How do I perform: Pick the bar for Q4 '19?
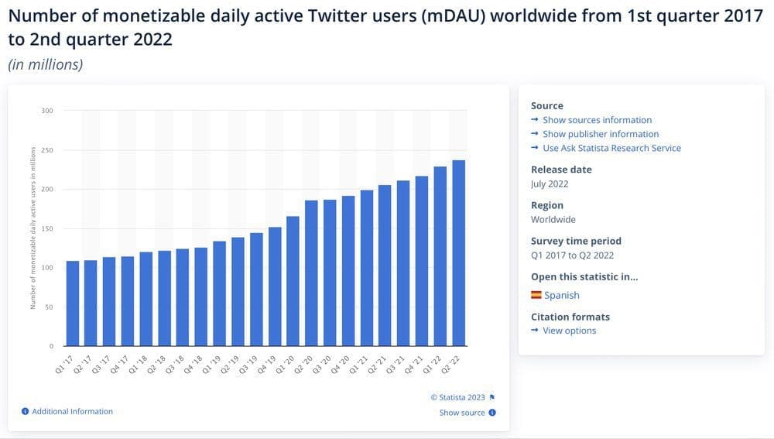[275, 286]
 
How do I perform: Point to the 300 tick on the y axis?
[47, 111]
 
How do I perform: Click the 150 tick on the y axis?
[47, 228]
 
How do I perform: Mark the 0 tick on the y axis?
[52, 346]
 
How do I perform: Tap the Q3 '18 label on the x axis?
[179, 365]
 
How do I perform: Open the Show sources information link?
[597, 120]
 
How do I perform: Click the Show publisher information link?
[601, 134]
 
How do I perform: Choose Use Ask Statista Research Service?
[611, 148]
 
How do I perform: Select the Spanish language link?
[561, 295]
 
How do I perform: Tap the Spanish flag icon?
[536, 295]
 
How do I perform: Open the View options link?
[569, 331]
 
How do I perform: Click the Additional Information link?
[72, 411]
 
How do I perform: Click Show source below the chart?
[462, 413]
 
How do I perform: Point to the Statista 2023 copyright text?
[458, 397]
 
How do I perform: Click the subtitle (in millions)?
[46, 64]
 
